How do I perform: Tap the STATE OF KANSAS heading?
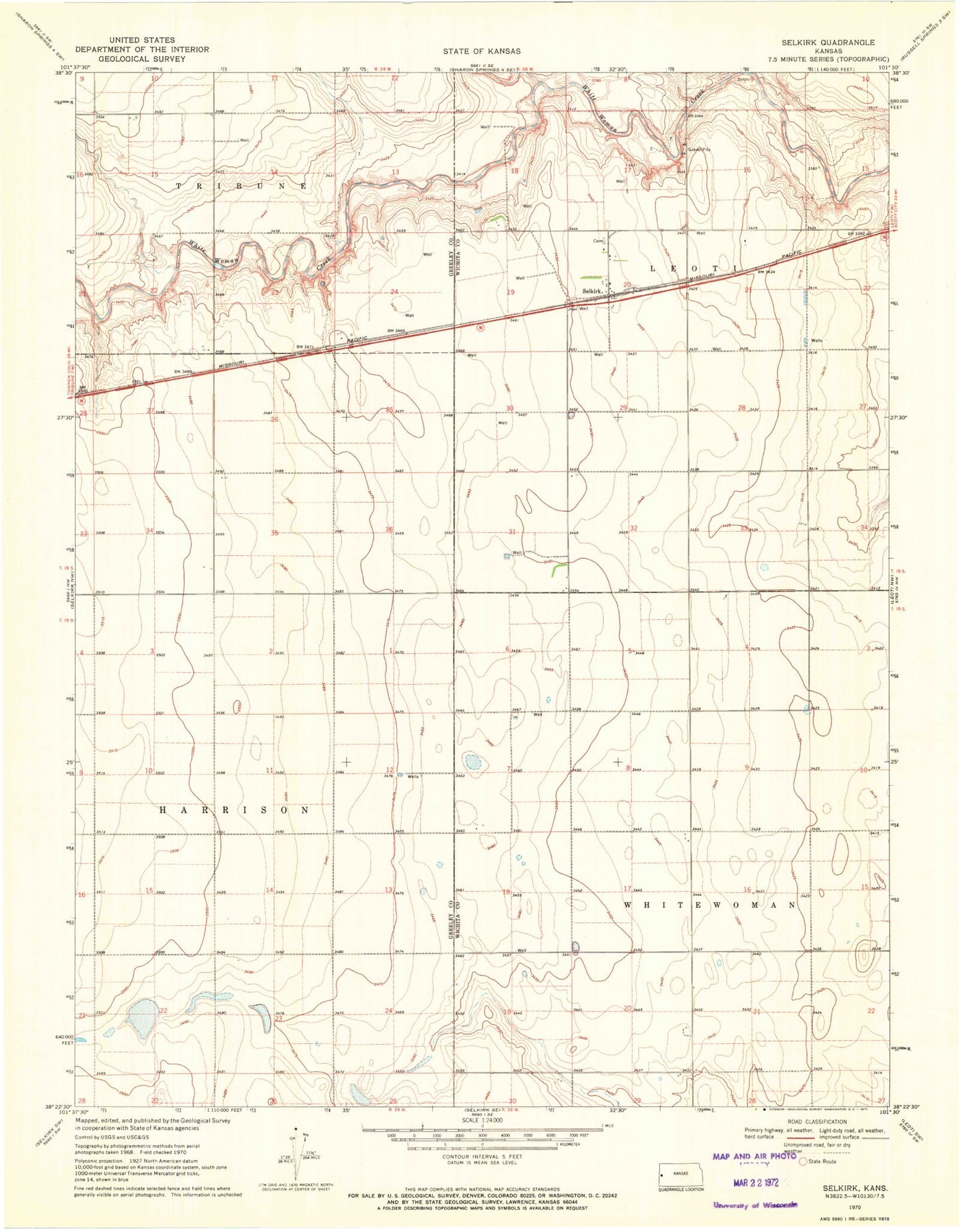(x=482, y=51)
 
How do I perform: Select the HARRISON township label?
(x=234, y=810)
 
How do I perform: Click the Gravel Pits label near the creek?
(x=698, y=150)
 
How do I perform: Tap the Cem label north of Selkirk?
(x=597, y=241)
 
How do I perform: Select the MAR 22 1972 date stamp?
(x=755, y=1182)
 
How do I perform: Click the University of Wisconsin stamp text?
(x=755, y=1205)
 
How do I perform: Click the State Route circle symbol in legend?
(x=803, y=1161)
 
